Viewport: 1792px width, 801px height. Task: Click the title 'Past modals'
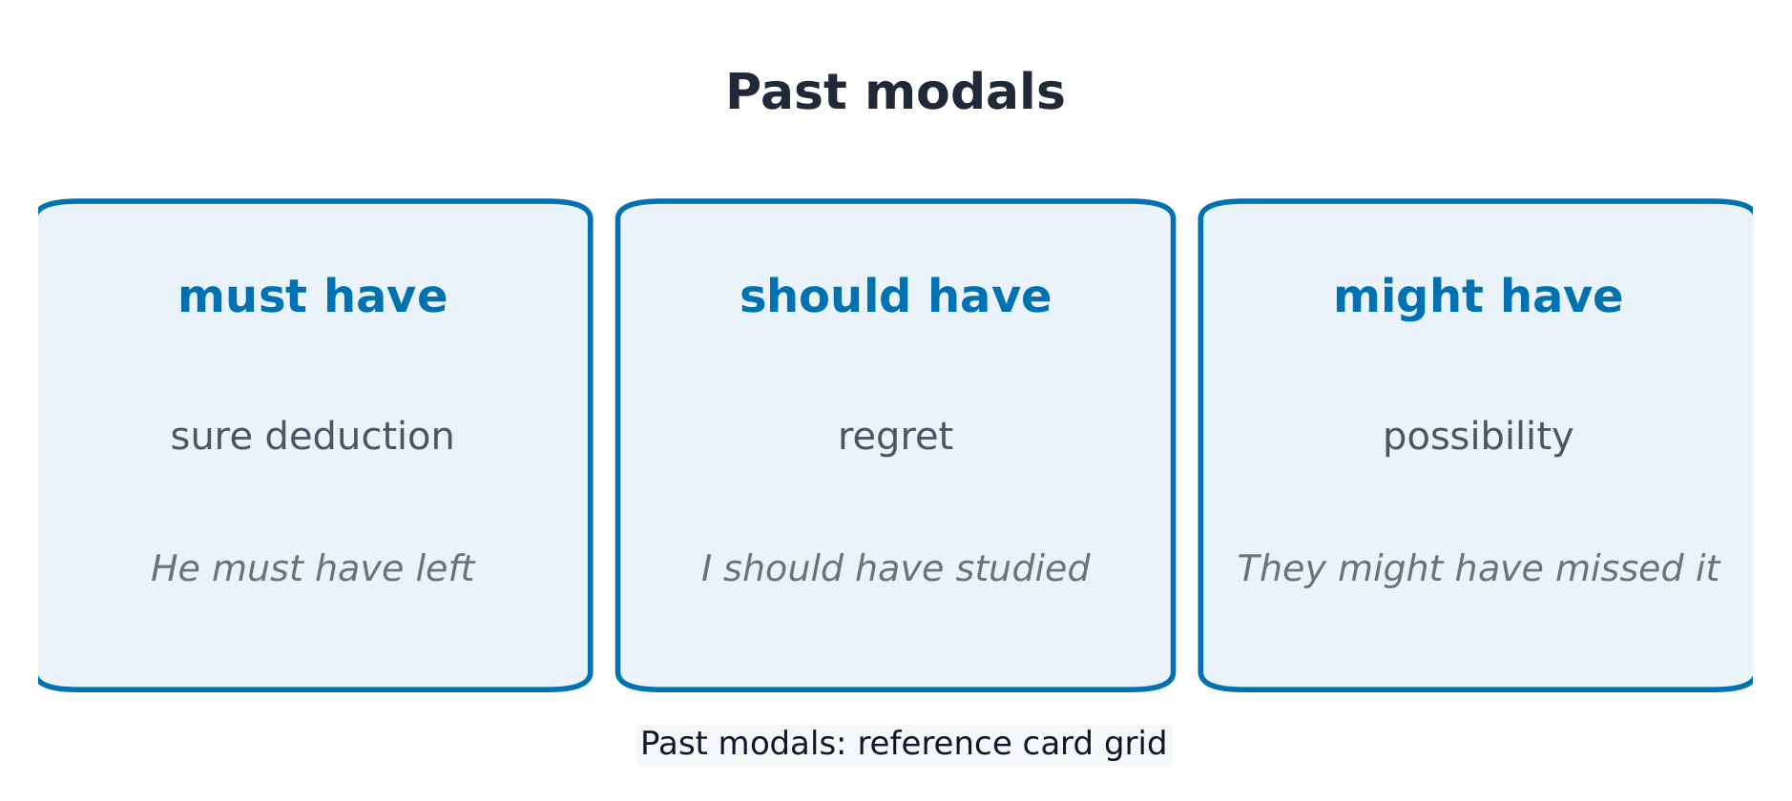895,93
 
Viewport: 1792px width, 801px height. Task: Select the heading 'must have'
313,297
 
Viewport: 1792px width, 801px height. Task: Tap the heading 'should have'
895,297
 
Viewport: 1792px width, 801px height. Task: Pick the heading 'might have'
1478,297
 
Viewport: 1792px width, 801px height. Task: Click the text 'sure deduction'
313,437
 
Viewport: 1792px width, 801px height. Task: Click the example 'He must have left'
313,569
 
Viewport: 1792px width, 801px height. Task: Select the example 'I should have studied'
895,569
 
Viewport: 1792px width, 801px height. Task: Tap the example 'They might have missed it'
1478,569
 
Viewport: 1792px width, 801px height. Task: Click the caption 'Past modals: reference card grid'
904,744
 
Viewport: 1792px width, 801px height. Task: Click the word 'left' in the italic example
444,569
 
